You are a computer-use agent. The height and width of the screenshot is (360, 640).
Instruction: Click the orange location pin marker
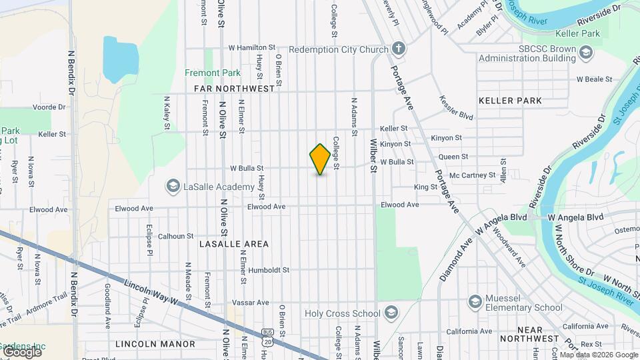(321, 159)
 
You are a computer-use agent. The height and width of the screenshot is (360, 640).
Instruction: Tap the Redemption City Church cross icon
(399, 49)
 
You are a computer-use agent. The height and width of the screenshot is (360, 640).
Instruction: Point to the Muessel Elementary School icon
(475, 301)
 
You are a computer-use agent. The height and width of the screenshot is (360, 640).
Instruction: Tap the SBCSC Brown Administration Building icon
(585, 53)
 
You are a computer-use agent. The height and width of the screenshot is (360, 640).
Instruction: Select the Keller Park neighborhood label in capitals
(510, 101)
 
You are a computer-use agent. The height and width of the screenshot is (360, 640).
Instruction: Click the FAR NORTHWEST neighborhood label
(234, 88)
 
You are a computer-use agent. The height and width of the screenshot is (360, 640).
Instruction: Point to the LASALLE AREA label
(234, 244)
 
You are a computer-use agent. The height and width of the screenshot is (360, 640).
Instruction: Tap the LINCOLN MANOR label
(155, 344)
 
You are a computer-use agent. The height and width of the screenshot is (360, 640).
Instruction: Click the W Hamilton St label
(252, 48)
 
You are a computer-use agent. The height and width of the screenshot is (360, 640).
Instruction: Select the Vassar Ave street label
(249, 302)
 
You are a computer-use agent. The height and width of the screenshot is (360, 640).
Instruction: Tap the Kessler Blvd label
(456, 107)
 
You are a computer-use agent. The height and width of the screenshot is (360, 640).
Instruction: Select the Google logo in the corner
(22, 351)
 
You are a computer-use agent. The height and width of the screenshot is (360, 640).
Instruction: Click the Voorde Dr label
(50, 107)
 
